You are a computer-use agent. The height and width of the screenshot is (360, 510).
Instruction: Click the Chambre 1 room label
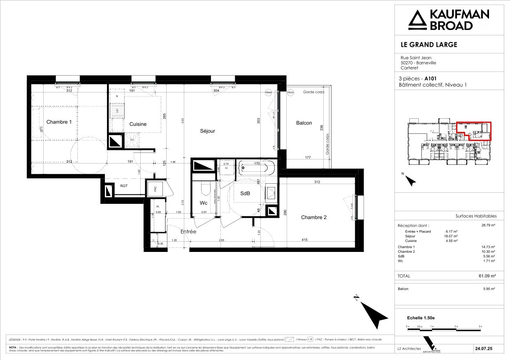[59, 122]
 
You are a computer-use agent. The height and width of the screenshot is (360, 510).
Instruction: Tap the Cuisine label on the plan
[138, 124]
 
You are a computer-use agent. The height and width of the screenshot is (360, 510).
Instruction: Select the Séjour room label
[208, 131]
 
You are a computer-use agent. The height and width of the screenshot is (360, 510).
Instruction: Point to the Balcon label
[304, 123]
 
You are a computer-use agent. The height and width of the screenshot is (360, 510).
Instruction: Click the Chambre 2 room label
[313, 217]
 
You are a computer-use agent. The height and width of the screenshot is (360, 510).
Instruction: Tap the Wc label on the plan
[204, 203]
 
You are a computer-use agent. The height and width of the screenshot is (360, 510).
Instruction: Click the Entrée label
[188, 232]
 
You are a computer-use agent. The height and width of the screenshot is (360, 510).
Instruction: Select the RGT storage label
[124, 186]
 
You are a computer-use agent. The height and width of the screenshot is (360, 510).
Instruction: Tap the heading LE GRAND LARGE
[429, 44]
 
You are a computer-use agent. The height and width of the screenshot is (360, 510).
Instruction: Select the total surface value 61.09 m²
[487, 276]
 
